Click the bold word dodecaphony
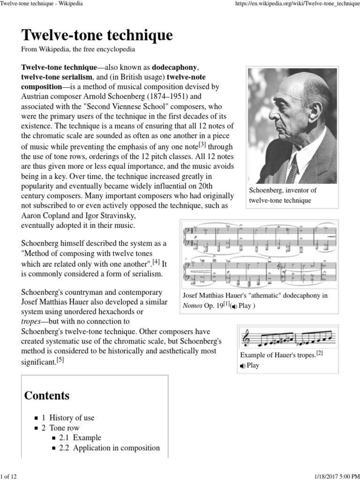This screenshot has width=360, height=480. (169, 67)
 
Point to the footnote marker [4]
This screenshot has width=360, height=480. (156, 262)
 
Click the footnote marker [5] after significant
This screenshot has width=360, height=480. (60, 360)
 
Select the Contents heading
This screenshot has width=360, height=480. (47, 395)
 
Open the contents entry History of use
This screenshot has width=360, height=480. (71, 418)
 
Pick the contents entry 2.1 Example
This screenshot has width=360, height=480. (80, 438)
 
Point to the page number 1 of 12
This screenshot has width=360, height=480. (11, 476)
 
